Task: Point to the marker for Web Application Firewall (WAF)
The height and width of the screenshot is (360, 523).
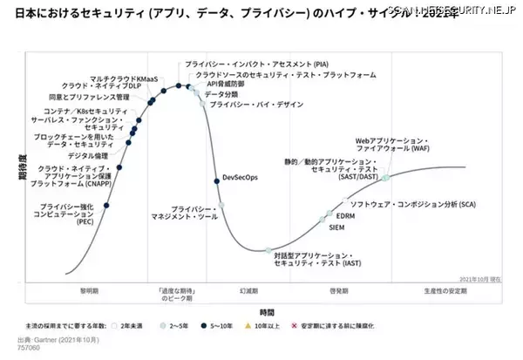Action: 385,177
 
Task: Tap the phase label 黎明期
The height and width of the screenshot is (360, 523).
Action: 90,289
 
